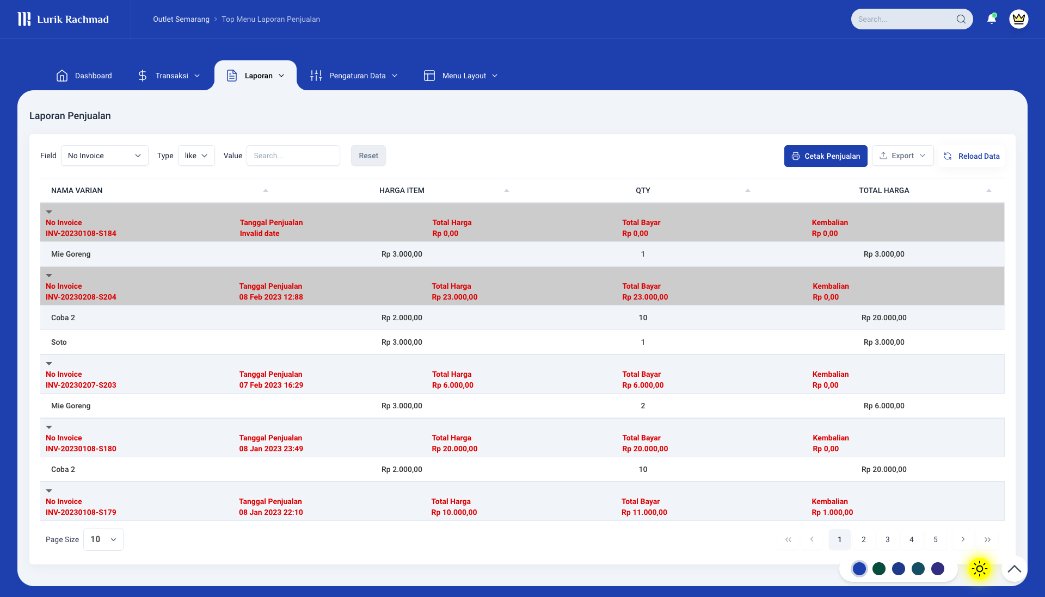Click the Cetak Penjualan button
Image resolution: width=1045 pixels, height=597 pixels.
point(826,156)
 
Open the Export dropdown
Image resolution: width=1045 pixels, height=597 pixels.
point(902,156)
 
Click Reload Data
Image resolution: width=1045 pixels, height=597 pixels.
point(972,156)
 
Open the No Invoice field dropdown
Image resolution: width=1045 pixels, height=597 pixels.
point(104,156)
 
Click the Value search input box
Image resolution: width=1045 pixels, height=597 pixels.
point(293,156)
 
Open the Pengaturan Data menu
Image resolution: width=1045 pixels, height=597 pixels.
point(354,76)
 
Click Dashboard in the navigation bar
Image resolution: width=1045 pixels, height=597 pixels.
point(84,76)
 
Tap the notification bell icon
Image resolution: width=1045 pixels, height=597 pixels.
point(992,19)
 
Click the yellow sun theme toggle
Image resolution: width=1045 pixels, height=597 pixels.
point(979,569)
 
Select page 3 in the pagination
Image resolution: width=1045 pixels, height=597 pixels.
point(888,539)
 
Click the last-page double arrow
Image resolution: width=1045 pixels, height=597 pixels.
point(987,539)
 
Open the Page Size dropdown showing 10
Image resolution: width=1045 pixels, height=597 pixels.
point(103,539)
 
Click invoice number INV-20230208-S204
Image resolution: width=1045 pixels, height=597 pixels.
point(81,297)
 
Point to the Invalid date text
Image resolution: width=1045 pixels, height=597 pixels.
point(260,233)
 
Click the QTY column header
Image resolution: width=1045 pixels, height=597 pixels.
point(643,190)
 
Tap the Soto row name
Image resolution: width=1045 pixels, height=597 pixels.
point(59,342)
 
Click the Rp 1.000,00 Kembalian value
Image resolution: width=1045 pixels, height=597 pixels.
point(832,512)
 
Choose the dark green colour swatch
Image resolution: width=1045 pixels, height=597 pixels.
point(879,569)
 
